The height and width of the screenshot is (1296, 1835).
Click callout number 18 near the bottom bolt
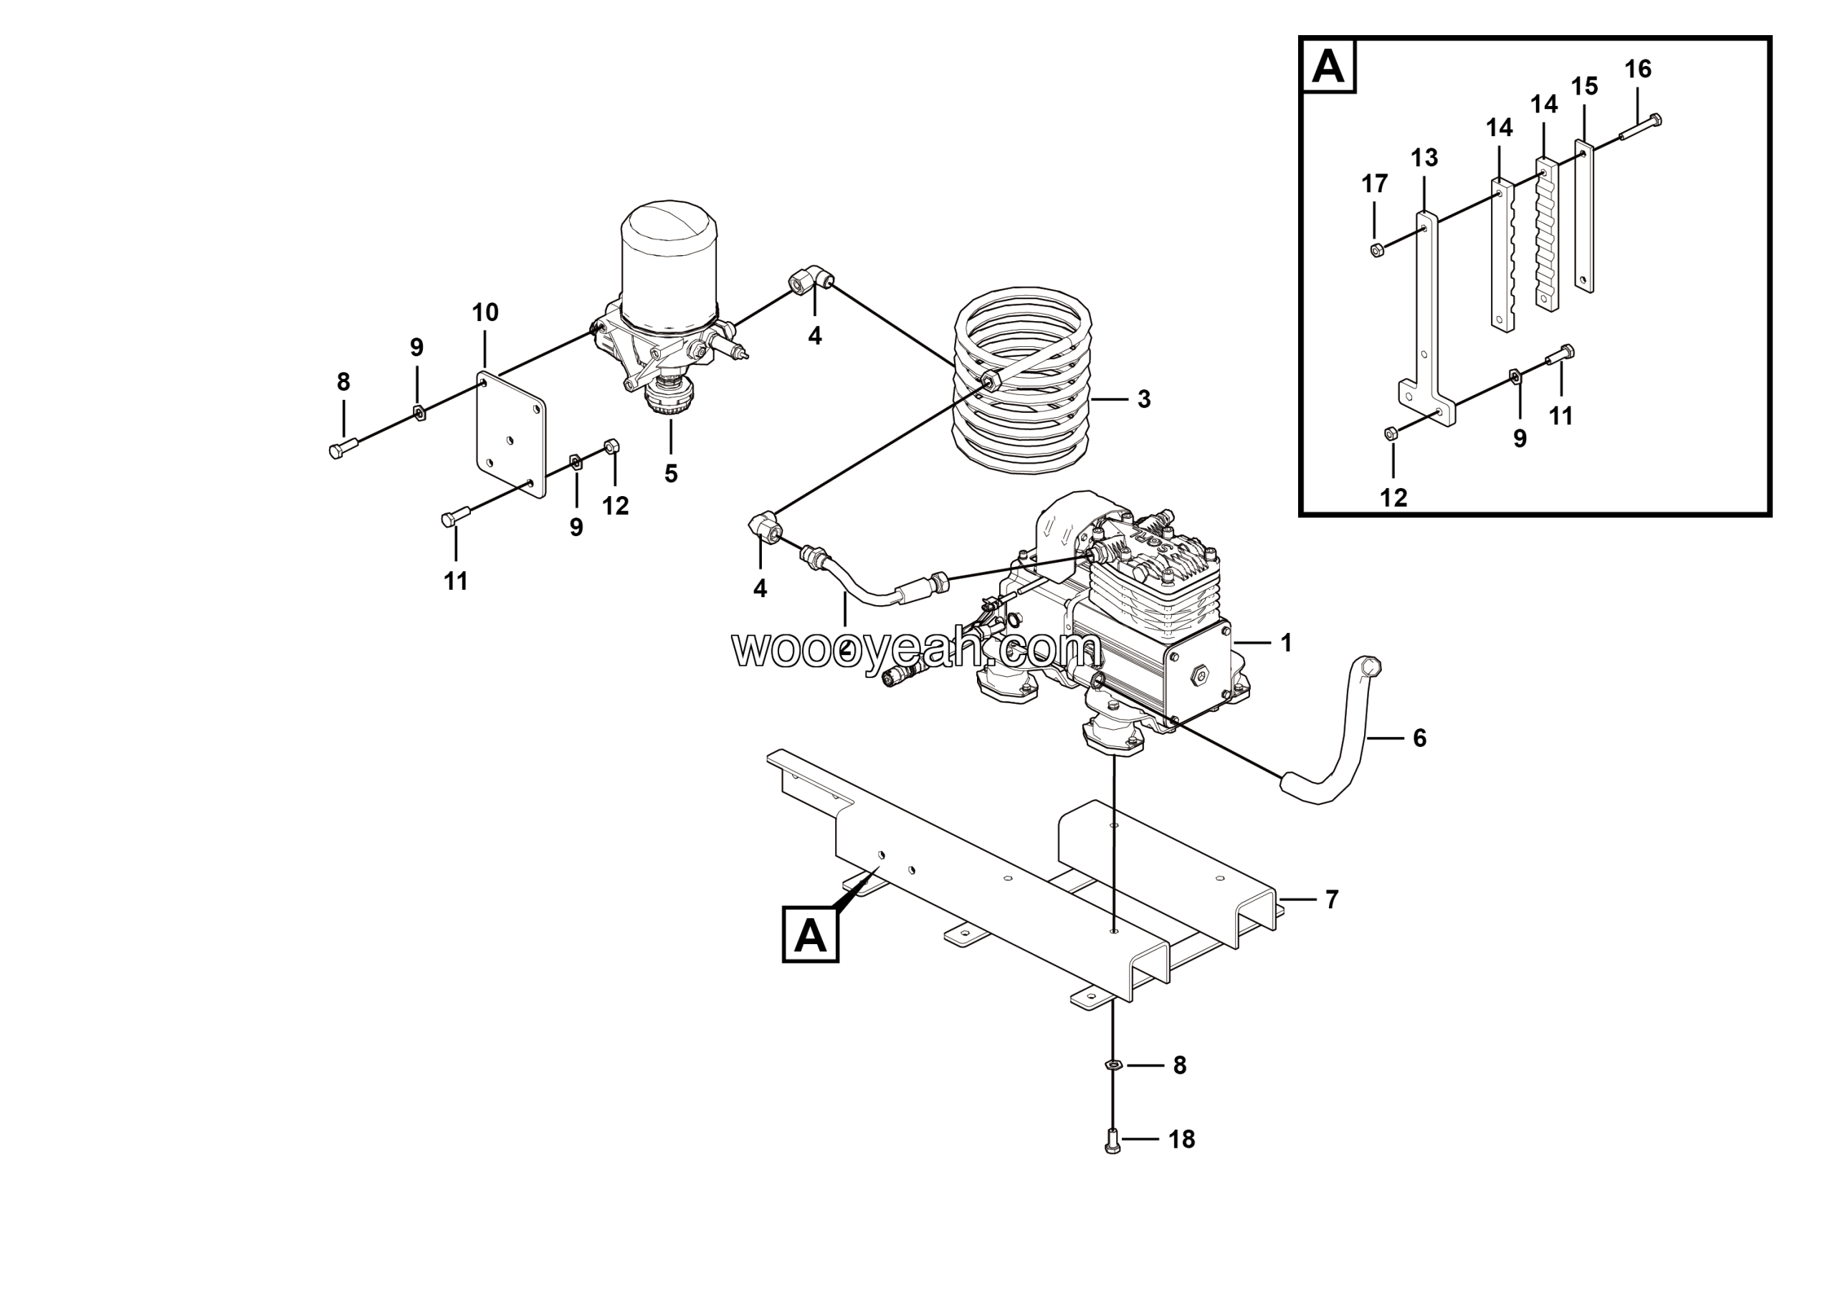(1181, 1140)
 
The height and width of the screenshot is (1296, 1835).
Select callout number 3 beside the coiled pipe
(1144, 399)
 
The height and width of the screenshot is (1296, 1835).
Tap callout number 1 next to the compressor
(1286, 642)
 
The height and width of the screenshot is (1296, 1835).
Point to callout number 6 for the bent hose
(1419, 738)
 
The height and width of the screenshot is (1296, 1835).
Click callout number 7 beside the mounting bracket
(1332, 900)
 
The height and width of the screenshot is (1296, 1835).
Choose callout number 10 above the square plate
(485, 313)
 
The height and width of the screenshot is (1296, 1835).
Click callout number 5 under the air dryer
(670, 474)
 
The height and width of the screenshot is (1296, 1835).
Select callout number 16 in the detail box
(1638, 70)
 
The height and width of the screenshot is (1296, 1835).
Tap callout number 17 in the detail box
(1375, 184)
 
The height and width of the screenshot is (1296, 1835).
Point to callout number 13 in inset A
(1424, 158)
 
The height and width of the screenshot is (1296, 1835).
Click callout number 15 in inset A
(1584, 86)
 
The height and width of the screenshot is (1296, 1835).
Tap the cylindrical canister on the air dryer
(669, 267)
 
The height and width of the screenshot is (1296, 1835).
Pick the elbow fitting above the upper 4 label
(811, 281)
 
